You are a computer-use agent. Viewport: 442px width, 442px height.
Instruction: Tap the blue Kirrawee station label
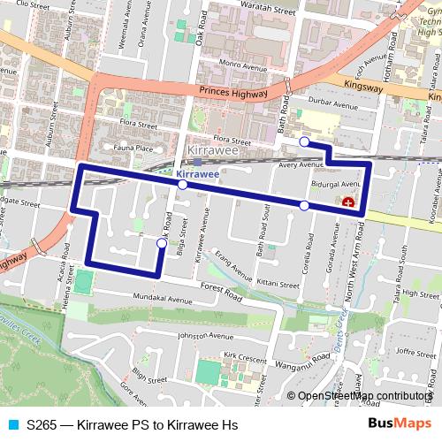[x=197, y=174]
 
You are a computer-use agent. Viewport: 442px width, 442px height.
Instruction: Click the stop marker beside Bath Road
[x=303, y=141]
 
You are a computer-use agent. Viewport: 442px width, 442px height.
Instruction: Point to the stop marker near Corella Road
[x=304, y=205]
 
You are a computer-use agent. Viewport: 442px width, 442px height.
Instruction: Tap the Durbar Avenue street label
[x=330, y=103]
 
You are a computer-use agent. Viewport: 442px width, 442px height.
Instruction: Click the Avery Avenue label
[x=301, y=164]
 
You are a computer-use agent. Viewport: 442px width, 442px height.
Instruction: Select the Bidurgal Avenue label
[x=337, y=183]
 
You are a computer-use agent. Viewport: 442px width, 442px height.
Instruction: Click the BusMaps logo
[x=395, y=424]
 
